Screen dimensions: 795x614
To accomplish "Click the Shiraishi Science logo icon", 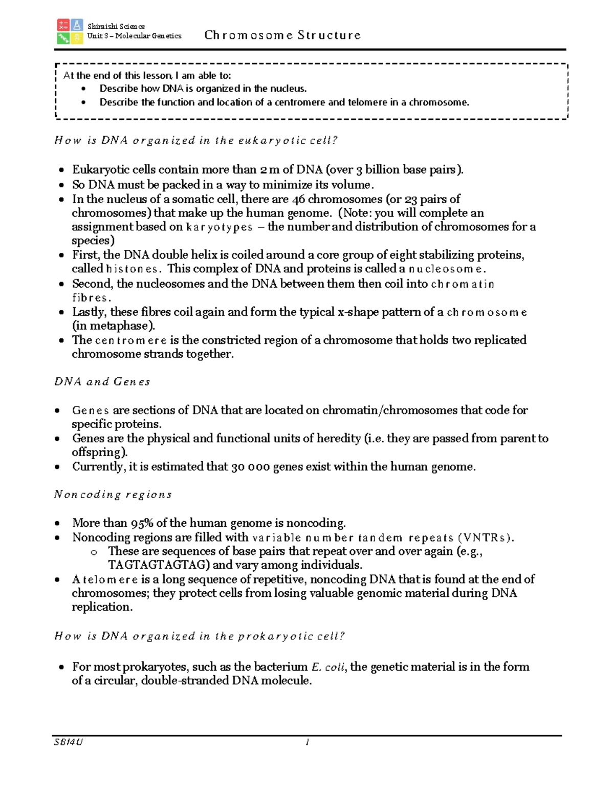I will coord(70,31).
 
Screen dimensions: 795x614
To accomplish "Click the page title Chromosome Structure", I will coord(282,35).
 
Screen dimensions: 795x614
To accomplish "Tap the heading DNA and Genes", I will coord(102,382).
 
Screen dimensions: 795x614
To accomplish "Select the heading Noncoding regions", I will coord(113,495).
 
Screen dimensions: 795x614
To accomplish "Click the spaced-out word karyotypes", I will coord(219,227).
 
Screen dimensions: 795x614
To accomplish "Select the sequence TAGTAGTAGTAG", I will coord(159,565).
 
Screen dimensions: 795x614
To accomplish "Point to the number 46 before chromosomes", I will coord(298,199).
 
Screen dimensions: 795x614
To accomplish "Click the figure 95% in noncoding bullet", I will coord(142,523).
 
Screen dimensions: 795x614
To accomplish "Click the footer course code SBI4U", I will coord(69,742).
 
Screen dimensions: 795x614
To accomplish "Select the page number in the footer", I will coord(307,742).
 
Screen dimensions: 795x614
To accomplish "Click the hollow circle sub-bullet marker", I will coord(94,552).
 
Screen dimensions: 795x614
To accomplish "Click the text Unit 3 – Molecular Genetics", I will coord(134,36).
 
